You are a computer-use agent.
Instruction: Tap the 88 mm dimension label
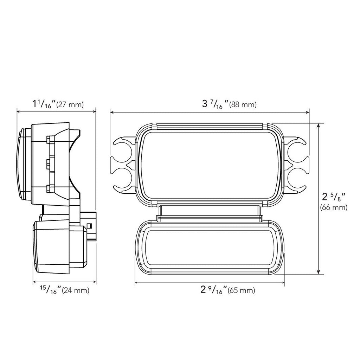coord(243,105)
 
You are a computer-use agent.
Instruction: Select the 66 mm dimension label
coord(334,207)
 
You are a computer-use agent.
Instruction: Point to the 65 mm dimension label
coord(242,291)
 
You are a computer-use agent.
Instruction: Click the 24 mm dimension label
coord(75,291)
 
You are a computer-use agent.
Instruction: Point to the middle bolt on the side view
coord(48,163)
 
